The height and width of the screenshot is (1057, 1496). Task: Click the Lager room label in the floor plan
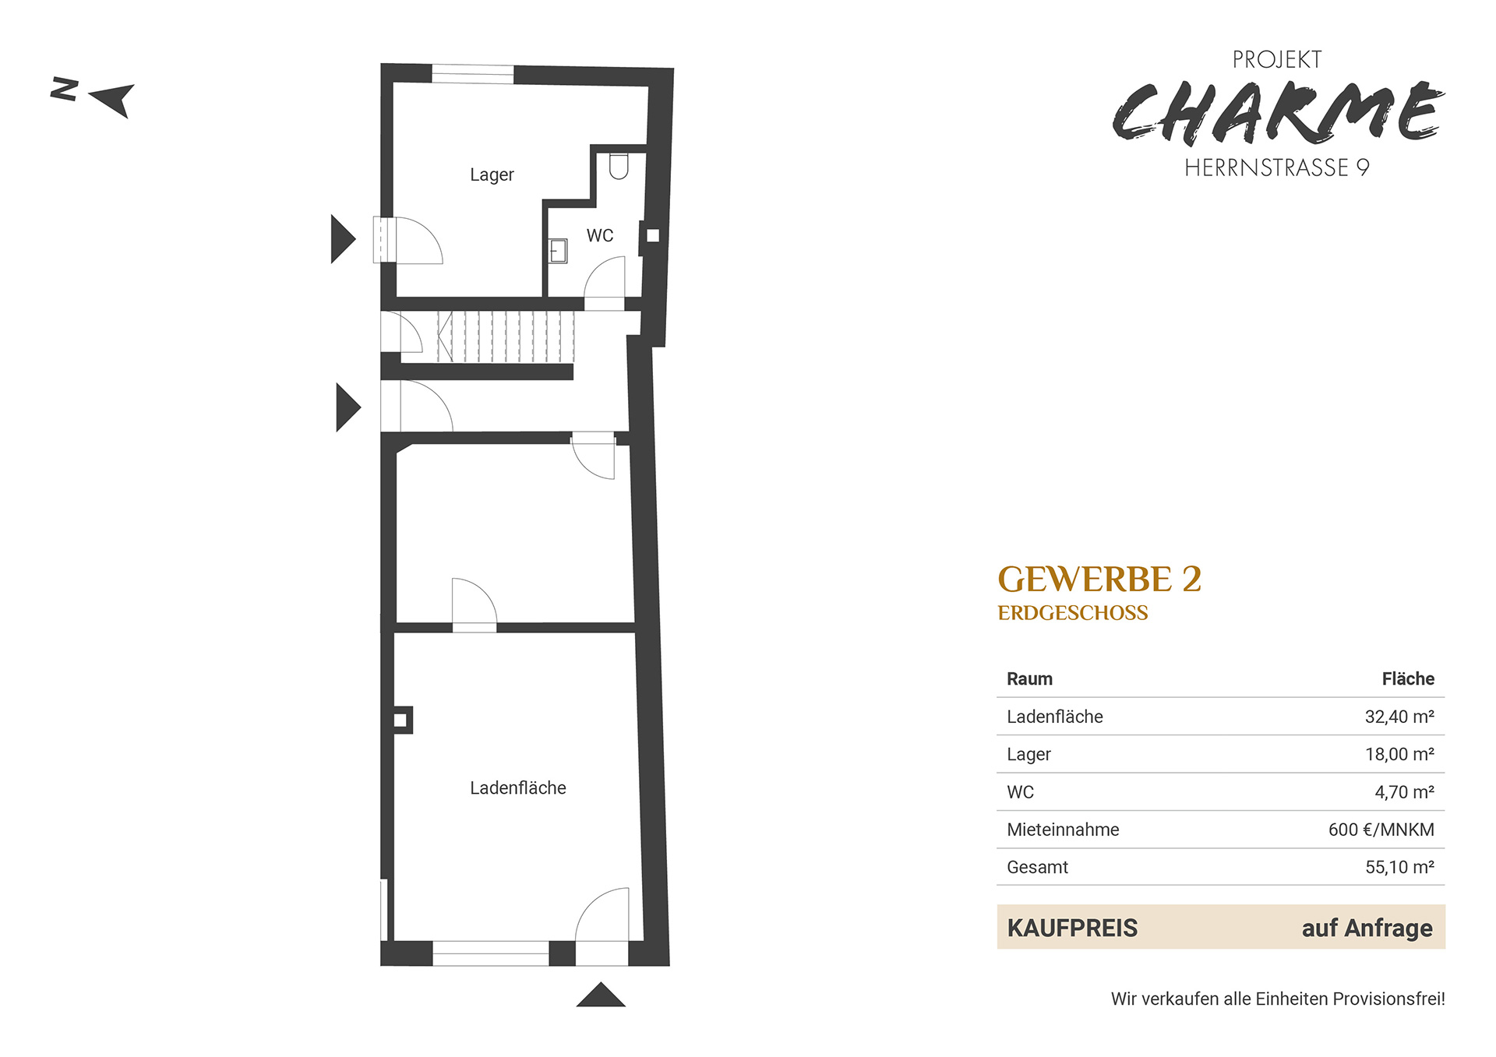[492, 175]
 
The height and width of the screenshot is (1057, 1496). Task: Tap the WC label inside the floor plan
[600, 235]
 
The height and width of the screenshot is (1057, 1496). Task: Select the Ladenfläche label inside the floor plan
[518, 787]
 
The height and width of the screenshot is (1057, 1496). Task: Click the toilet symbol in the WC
[619, 167]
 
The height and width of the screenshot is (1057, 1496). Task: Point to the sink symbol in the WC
[558, 251]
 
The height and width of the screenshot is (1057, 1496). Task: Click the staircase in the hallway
[506, 336]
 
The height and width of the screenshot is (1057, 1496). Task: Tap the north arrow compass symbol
[93, 97]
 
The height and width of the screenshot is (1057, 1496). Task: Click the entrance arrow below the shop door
[601, 995]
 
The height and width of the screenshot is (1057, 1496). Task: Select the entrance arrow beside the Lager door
[343, 239]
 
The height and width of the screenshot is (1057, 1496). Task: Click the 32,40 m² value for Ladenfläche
[1399, 717]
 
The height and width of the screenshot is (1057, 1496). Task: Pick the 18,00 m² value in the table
[1399, 754]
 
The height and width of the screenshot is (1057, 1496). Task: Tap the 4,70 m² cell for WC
[1404, 792]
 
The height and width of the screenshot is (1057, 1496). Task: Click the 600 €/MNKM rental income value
[1381, 830]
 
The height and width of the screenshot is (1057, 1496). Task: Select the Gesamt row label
[1037, 867]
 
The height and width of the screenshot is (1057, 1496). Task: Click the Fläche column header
[1408, 678]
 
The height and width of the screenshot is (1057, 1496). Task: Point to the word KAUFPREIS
[1072, 928]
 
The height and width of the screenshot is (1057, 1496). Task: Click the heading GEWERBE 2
[1099, 580]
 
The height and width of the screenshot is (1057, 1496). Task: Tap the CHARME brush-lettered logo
[1278, 114]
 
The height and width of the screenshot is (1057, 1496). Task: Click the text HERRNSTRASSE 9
[1277, 167]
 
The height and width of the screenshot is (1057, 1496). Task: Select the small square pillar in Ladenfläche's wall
[400, 720]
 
